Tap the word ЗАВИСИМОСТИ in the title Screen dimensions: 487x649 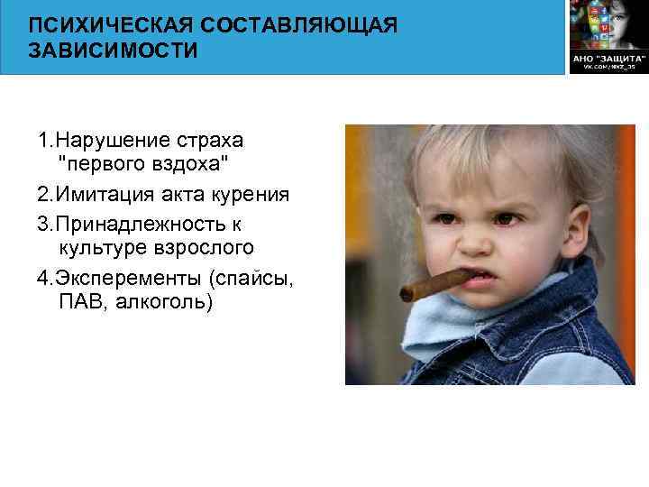click(x=113, y=50)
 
